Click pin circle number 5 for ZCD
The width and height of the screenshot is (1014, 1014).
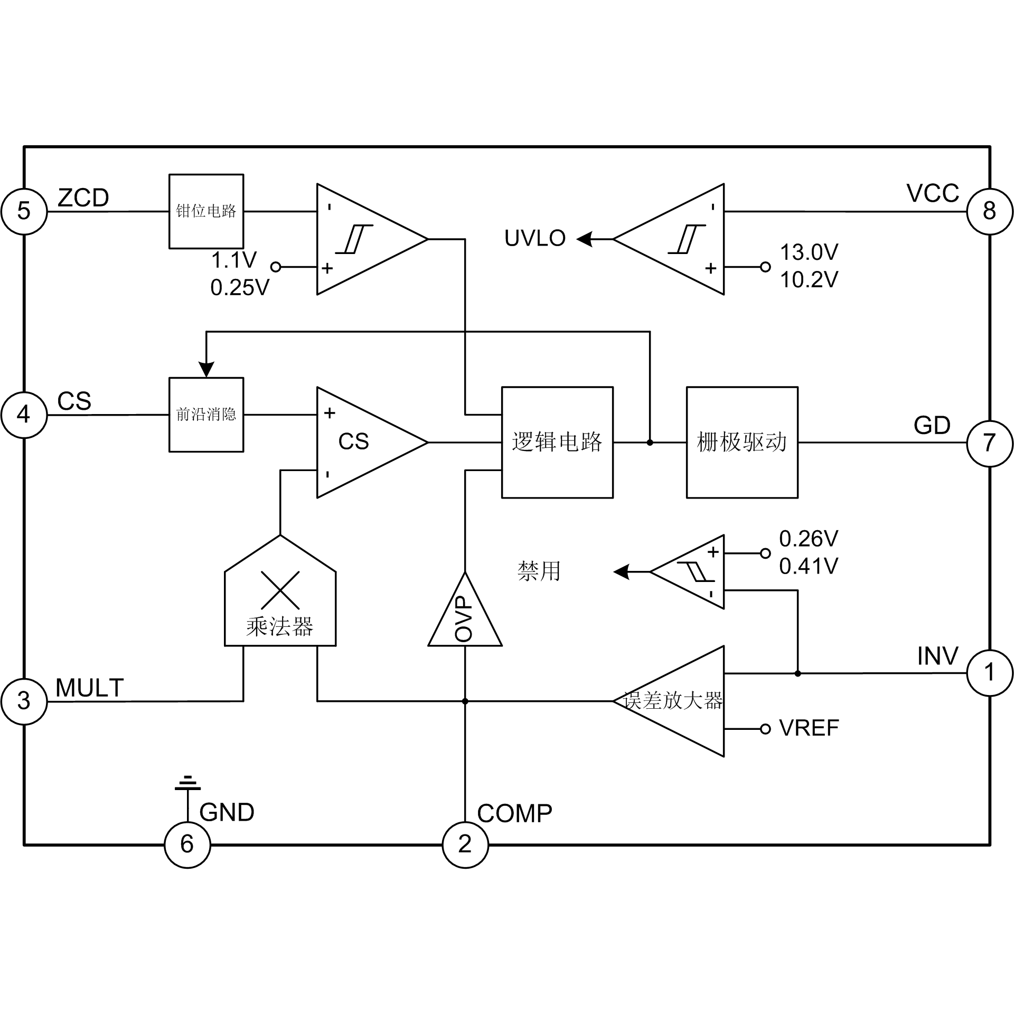(x=24, y=211)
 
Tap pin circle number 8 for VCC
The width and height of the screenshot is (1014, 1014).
(x=990, y=211)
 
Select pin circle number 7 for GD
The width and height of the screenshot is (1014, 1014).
(x=990, y=443)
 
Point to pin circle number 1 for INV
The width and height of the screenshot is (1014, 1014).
(x=990, y=673)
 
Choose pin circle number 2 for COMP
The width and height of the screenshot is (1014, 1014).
(x=465, y=844)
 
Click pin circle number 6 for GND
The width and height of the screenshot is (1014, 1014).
(x=187, y=844)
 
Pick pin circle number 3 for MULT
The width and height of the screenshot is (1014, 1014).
(x=24, y=701)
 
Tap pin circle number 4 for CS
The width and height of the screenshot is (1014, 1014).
(x=24, y=415)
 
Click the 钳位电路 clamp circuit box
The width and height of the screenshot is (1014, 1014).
(x=206, y=211)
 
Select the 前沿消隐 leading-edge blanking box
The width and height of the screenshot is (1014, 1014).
(x=206, y=415)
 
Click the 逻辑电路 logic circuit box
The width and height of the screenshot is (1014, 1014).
(x=557, y=443)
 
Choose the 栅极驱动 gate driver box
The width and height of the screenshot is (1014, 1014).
(x=742, y=443)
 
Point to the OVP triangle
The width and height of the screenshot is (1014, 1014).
(x=465, y=618)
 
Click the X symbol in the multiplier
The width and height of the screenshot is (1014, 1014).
(x=280, y=590)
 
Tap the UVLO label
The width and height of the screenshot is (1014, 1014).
(x=534, y=239)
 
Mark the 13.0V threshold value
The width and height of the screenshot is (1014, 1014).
(x=809, y=252)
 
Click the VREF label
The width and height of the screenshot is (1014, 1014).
(x=809, y=728)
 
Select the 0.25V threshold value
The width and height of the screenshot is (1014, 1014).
(x=240, y=288)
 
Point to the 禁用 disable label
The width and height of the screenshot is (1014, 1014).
(x=539, y=571)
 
